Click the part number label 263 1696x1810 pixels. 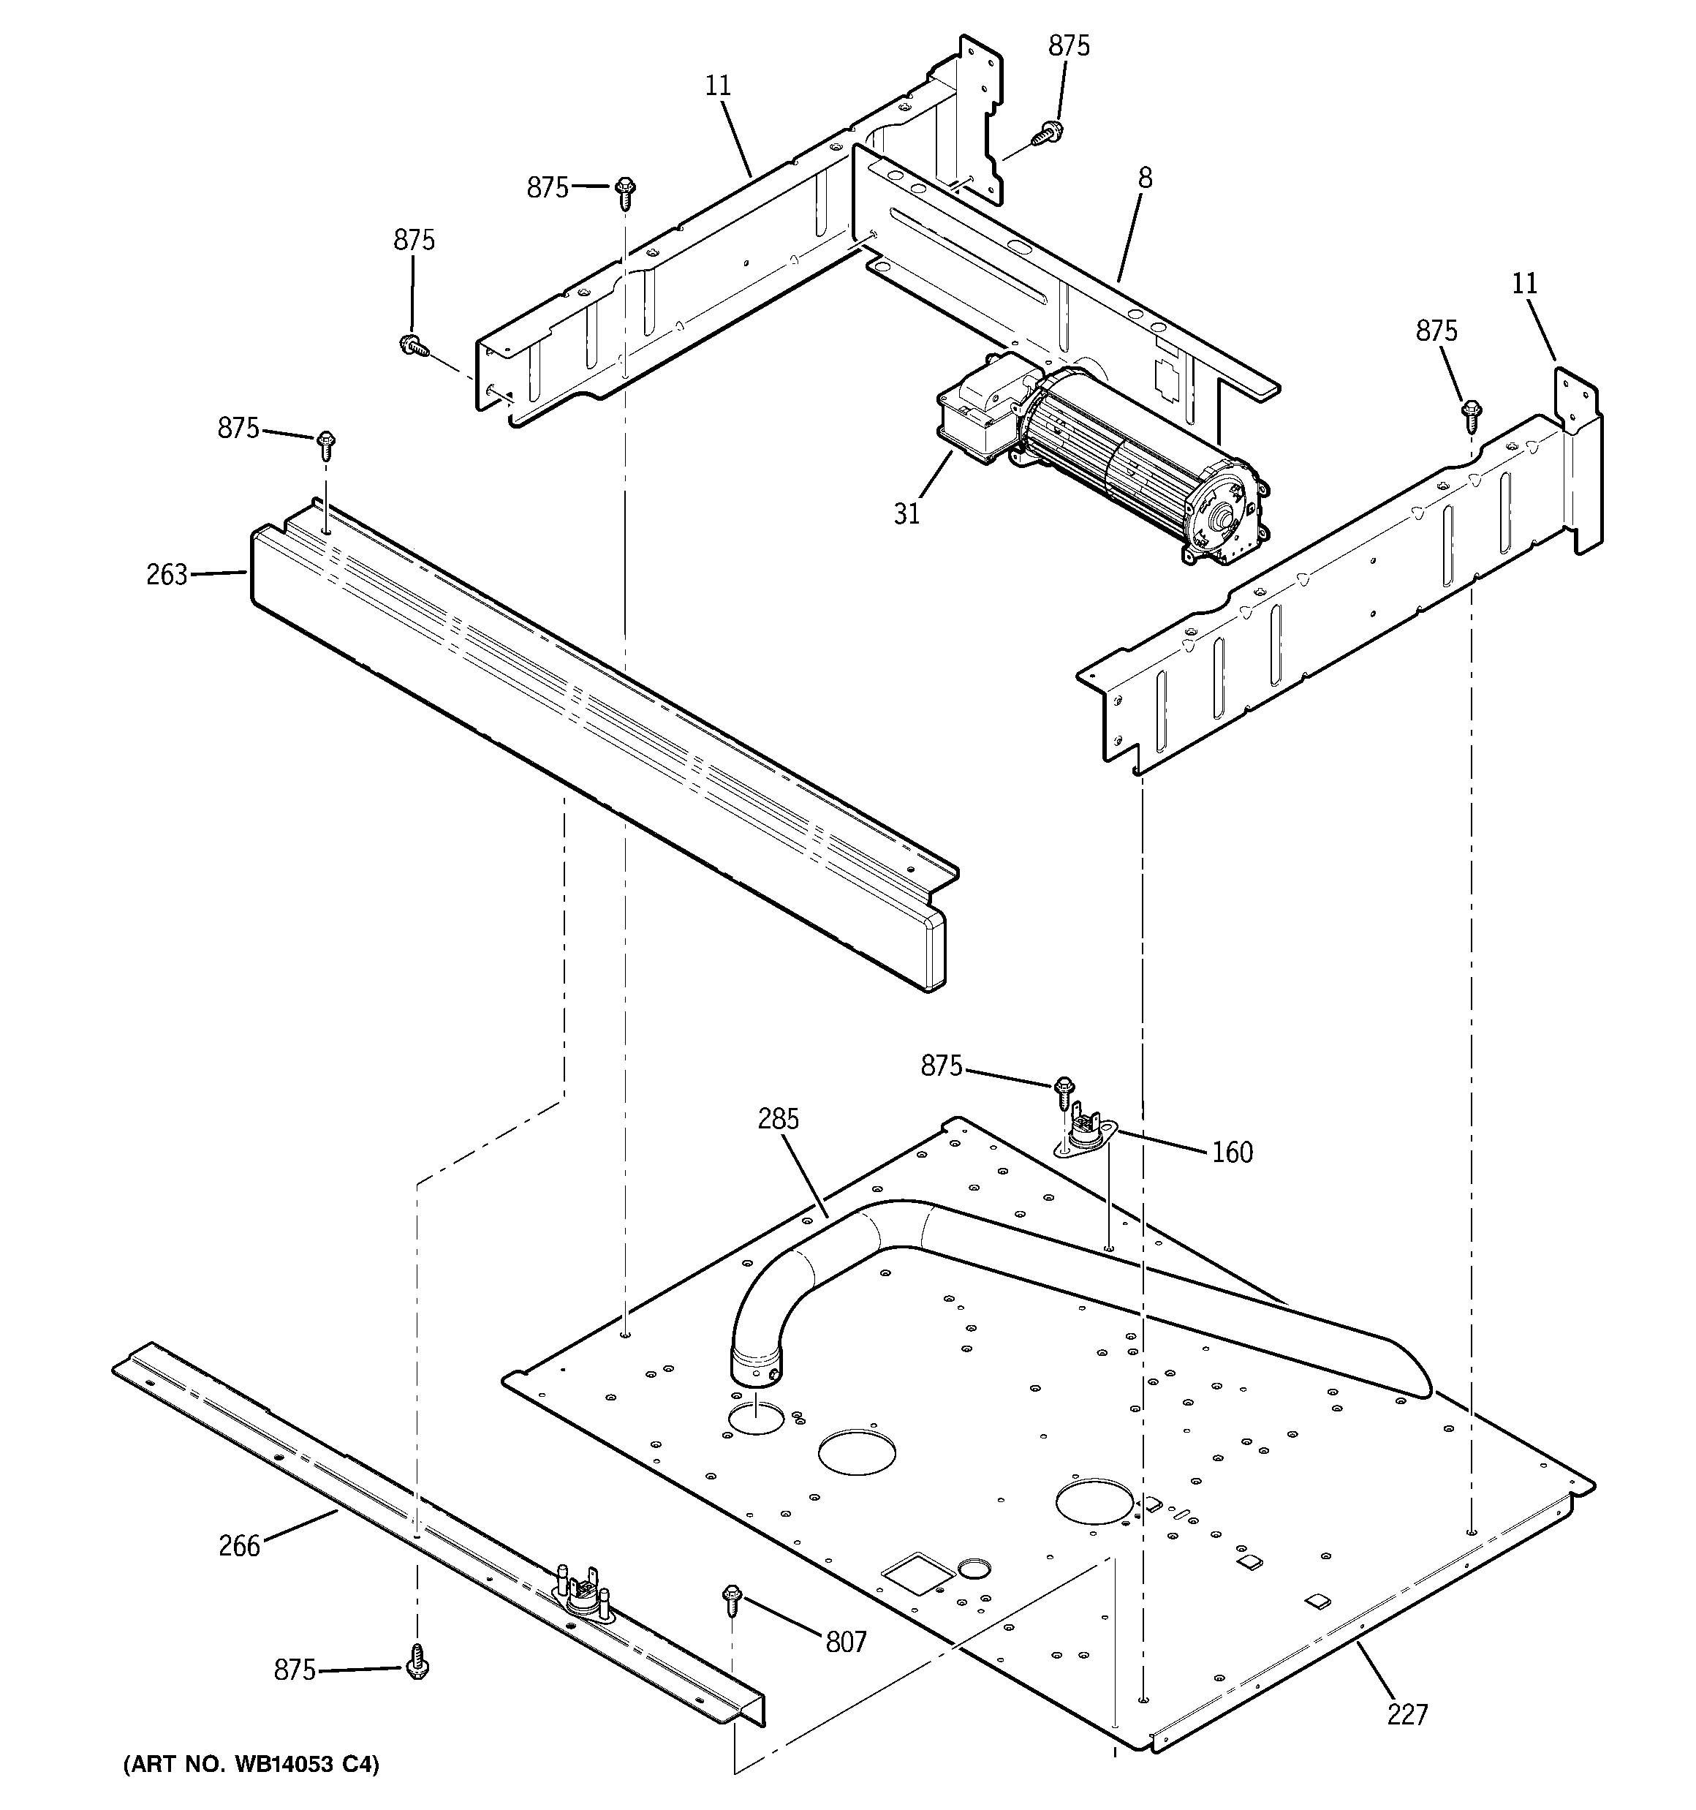[167, 575]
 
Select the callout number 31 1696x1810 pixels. [906, 513]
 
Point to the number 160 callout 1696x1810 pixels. [1232, 1153]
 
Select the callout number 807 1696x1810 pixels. [846, 1643]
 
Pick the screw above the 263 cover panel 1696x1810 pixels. [326, 445]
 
